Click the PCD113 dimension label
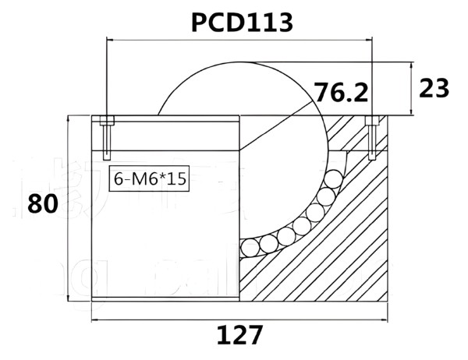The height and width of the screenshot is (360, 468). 242,23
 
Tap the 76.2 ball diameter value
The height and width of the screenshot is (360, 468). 340,93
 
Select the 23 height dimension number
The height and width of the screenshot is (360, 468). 434,89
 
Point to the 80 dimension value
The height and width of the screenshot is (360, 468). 43,204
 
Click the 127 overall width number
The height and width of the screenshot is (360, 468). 239,336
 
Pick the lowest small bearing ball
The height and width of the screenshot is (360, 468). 251,248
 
